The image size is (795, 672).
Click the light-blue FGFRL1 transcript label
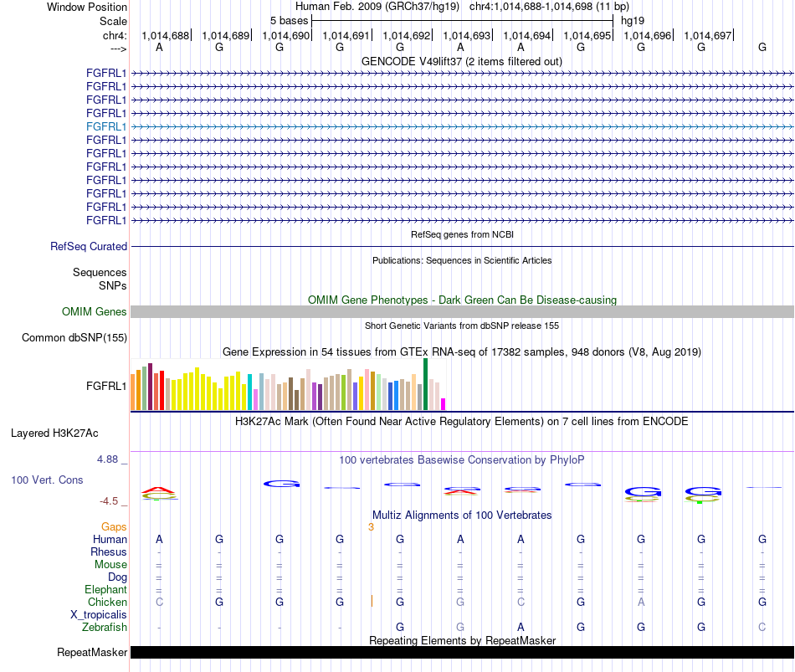coord(106,127)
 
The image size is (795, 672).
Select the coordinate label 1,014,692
coord(406,35)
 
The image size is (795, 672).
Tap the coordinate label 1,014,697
coord(707,35)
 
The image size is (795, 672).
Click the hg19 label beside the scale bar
coord(633,21)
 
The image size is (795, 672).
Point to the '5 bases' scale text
coord(289,21)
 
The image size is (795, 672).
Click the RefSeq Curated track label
coord(89,247)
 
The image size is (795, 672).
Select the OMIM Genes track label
coord(95,312)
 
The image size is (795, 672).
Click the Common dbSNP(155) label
coord(74,338)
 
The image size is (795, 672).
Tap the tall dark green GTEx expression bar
coord(425,384)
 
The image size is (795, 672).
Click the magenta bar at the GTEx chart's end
coord(444,404)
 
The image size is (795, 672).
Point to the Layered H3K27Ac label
coord(54,433)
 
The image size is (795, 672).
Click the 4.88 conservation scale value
coord(107,459)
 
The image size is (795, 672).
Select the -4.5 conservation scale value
coord(109,501)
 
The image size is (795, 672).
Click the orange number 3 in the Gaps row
coord(371,527)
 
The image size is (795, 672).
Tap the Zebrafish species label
coord(105,628)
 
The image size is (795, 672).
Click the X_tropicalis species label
coord(99,615)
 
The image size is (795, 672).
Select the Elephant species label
coord(106,589)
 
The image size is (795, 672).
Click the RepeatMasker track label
coord(92,652)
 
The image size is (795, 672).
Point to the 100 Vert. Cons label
coord(47,480)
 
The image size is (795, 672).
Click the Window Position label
coord(87,7)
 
